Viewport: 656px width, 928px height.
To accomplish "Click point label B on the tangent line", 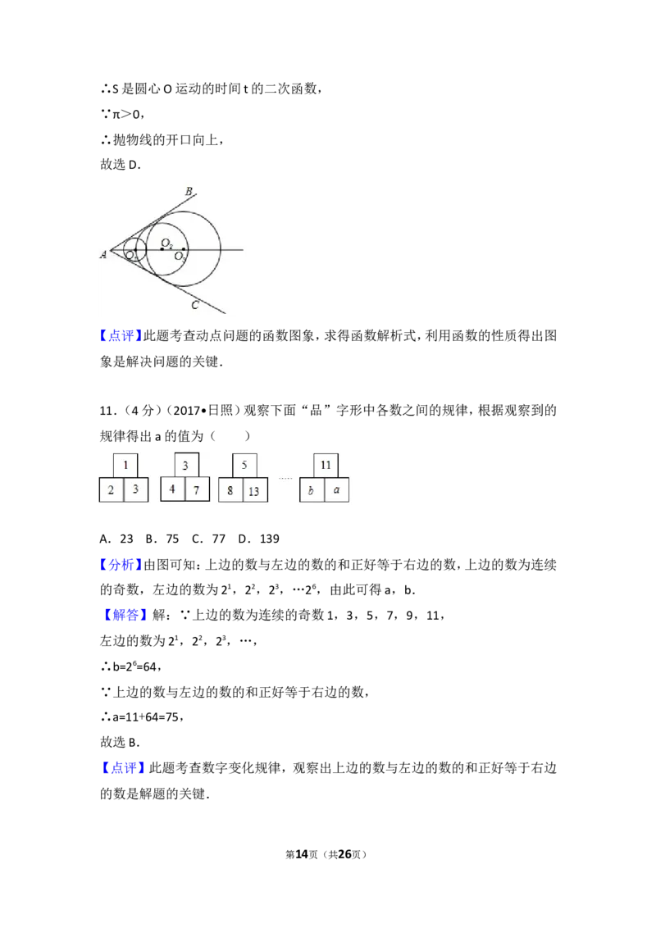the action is (189, 191).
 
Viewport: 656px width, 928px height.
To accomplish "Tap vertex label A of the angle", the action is (103, 254).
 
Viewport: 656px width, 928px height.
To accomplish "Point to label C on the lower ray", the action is (195, 305).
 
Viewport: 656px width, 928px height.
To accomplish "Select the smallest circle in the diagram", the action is (135, 250).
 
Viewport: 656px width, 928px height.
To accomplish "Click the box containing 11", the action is (326, 465).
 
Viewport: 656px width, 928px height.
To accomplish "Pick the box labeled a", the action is (337, 490).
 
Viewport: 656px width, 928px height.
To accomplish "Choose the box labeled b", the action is (312, 490).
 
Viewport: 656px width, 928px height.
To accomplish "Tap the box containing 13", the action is (255, 490).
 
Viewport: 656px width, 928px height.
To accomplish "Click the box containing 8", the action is (231, 490).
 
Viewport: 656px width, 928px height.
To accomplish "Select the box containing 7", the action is (197, 489).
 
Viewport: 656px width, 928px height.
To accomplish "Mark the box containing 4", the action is (173, 489).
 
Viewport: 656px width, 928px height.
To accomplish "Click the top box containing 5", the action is (244, 465).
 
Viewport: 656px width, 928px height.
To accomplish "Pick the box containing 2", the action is (112, 489).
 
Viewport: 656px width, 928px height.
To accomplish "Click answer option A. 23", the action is (116, 539).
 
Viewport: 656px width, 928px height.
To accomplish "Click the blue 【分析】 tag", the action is (121, 565).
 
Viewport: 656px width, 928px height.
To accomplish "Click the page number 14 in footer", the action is (302, 854).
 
